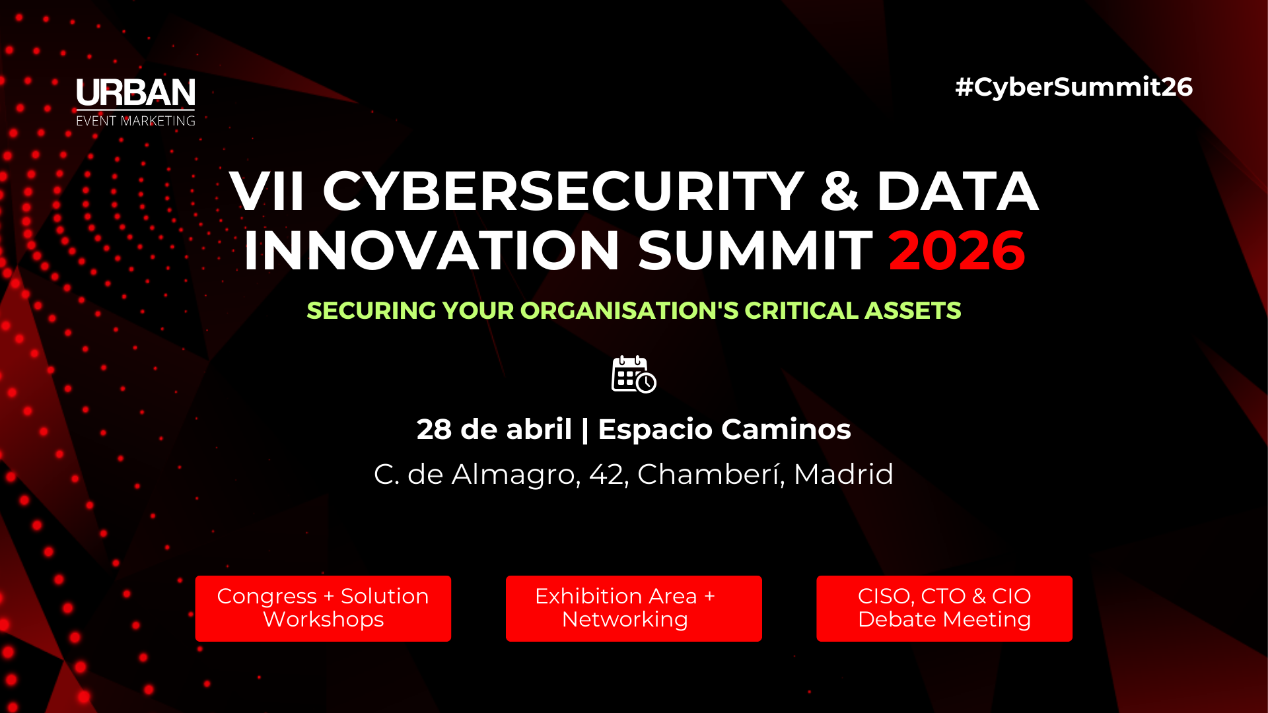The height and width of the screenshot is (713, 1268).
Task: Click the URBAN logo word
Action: [135, 93]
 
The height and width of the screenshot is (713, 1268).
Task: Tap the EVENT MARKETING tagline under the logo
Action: [135, 121]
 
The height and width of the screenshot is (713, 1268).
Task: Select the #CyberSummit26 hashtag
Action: [1074, 87]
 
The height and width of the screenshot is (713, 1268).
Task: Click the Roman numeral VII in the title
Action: [267, 191]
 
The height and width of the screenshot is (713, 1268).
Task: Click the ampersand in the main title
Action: [839, 191]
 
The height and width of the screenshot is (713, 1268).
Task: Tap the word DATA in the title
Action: [958, 191]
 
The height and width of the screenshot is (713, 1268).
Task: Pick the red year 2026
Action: [957, 251]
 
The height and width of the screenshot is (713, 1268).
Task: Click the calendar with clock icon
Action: [633, 374]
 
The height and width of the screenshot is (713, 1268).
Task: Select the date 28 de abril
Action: [494, 430]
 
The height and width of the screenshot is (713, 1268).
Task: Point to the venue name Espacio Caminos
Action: [724, 430]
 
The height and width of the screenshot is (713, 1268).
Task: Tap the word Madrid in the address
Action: [843, 475]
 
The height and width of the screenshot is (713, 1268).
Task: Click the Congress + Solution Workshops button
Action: [323, 608]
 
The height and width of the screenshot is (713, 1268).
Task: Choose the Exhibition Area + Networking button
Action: [633, 608]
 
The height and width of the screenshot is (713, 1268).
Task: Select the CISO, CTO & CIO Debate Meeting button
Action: [944, 608]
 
